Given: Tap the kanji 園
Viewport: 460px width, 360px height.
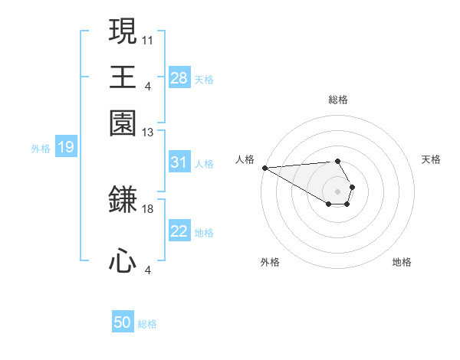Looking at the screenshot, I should coord(123,123).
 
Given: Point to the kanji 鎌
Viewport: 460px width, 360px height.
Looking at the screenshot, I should coord(123,199).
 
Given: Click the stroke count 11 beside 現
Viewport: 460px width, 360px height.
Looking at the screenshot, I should coord(148,38).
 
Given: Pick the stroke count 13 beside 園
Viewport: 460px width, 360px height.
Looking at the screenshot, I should coord(148,133).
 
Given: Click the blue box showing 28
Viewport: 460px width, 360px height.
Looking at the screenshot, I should coord(179,78).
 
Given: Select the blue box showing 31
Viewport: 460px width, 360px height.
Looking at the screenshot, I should coord(179,162).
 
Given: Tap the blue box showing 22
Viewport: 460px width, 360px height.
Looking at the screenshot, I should coord(179,232).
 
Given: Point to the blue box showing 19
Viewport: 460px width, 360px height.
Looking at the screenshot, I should coord(65,147).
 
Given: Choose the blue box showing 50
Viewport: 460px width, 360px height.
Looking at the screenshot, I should coord(123,323).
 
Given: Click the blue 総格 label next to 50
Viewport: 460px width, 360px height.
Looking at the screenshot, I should coord(147,324).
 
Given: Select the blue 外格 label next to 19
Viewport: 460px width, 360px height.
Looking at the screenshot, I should coord(41,148).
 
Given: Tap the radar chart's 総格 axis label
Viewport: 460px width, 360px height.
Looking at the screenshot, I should coord(337,100).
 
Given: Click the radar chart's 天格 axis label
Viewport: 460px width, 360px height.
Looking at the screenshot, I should coord(431,159).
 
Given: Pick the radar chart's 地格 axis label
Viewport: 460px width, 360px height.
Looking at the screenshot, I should coord(402,262).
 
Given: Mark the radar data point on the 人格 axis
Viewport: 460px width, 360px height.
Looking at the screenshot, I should coord(264,168).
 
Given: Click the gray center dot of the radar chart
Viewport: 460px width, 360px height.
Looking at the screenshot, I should coord(337,191).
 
